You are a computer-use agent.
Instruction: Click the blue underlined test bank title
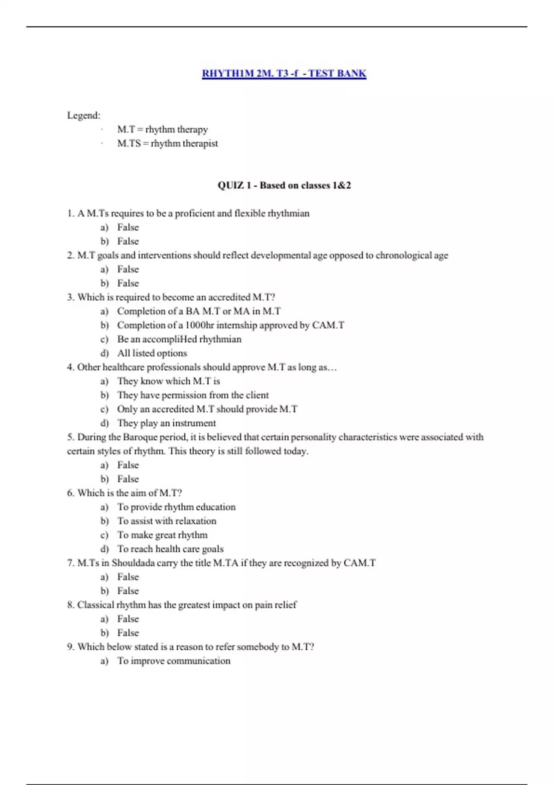point(284,73)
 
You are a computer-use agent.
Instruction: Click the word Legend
point(83,115)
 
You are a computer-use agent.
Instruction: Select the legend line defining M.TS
point(167,144)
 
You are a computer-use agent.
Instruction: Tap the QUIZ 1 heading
point(284,186)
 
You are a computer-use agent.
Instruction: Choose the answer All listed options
point(152,353)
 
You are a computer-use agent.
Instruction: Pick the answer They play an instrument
point(166,423)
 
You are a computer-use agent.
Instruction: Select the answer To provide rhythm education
point(176,507)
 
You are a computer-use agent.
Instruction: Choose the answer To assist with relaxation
point(166,521)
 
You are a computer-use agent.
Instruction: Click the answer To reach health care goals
point(170,549)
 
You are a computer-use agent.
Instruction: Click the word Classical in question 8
point(96,605)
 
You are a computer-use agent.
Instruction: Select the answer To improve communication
point(174,661)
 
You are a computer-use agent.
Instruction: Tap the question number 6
point(70,493)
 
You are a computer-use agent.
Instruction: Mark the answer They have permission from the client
point(193,395)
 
